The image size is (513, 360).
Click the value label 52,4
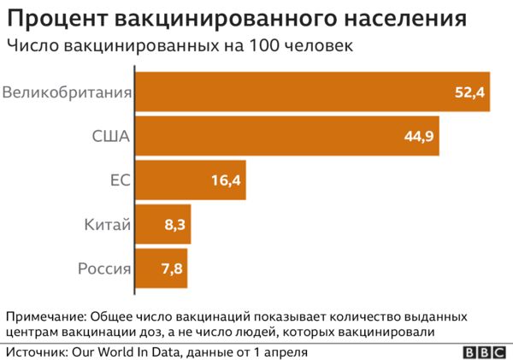point(469,92)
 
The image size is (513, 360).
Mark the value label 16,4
point(226,180)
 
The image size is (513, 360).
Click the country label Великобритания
point(67,92)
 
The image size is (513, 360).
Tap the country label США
point(110,136)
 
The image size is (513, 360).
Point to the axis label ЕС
point(120,180)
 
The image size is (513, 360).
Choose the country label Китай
point(108,225)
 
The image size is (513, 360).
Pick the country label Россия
point(104,269)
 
